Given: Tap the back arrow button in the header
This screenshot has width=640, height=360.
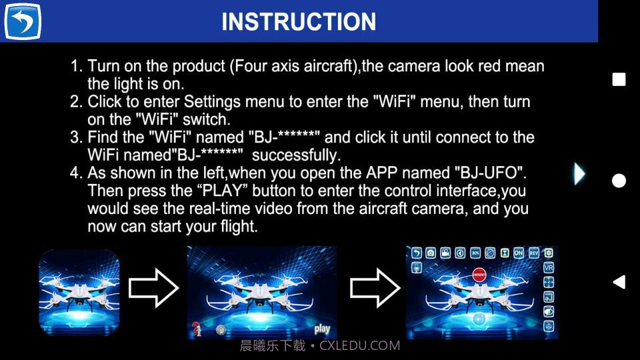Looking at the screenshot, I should coord(23,21).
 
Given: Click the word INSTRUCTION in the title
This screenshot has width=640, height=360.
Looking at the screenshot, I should coord(299,21).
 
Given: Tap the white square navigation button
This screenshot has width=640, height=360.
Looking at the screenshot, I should coord(619,80).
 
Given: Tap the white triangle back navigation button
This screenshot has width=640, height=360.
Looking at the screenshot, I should coord(619,282).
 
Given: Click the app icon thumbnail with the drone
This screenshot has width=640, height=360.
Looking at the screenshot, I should coord(79,291).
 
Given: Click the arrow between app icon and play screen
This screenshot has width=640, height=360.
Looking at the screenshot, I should coord(153,288).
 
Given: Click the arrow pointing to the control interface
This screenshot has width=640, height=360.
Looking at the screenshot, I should coord(375,288).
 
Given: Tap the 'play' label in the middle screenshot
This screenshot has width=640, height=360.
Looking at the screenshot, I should coord(322,329).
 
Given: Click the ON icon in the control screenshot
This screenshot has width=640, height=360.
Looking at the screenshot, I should coord(519,253).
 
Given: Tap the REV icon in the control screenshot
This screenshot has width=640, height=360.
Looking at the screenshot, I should coord(534,253).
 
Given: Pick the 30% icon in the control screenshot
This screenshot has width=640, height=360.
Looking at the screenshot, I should coord(475,253).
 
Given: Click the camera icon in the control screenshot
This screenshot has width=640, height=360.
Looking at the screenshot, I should coord(431,253).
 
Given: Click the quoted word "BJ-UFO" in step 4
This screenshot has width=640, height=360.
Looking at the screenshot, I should coord(491,173).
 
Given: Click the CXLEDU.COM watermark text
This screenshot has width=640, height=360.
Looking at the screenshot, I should coord(359,346).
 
